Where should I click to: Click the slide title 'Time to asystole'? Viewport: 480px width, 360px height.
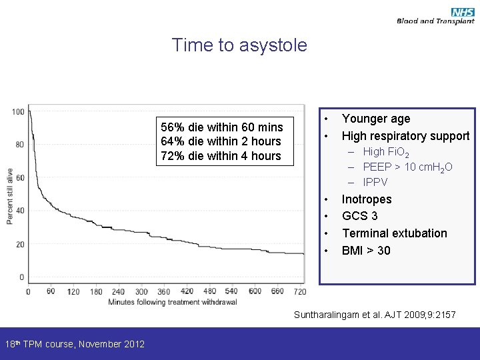click(239, 45)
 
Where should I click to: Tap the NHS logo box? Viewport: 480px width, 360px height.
click(462, 12)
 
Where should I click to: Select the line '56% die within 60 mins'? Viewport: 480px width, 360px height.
click(222, 127)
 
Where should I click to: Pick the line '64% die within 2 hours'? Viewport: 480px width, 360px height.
click(221, 141)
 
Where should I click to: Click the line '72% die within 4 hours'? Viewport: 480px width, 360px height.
click(221, 156)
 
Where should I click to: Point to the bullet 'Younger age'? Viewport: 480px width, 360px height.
click(376, 119)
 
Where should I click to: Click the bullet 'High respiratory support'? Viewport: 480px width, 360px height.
click(405, 136)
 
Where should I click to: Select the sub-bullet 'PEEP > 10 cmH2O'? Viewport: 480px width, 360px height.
click(407, 167)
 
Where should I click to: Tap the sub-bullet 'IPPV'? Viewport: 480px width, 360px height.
click(375, 182)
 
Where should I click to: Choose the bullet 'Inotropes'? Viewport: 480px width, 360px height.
click(367, 199)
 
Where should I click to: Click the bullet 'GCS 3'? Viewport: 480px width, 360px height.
click(360, 216)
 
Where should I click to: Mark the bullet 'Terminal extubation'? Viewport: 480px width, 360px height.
click(395, 233)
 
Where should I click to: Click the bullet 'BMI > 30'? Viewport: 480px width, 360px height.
click(366, 251)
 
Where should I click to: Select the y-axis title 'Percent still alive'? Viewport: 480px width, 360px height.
click(11, 195)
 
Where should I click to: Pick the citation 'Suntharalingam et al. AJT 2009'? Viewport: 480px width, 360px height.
click(375, 314)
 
